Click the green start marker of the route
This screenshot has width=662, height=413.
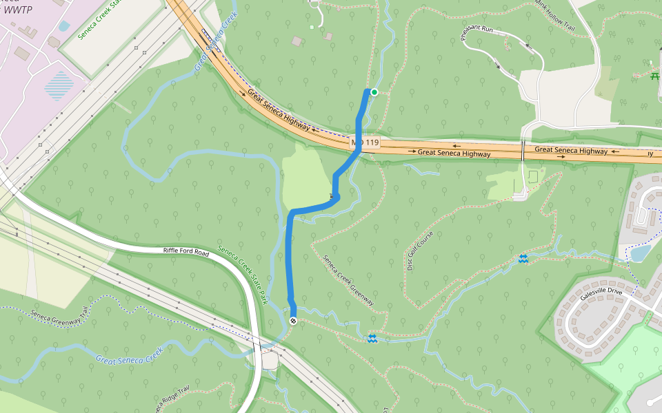374,92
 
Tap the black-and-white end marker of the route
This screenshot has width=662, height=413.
294,321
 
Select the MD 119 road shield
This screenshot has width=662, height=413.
365,142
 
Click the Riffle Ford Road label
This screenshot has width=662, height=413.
186,253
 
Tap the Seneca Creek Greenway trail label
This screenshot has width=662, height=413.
349,281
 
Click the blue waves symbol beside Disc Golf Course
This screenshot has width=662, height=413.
523,259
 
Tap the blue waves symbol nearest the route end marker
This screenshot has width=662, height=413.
372,338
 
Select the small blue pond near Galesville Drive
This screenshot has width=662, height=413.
639,253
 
